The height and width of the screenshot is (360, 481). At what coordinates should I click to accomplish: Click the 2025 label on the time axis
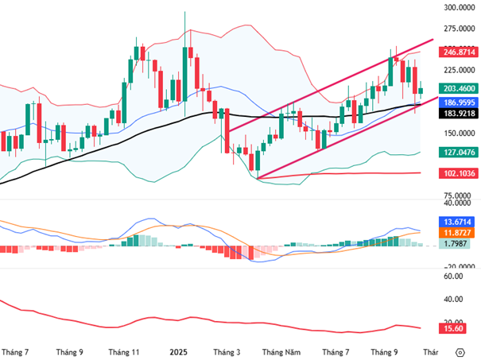[x=179, y=350]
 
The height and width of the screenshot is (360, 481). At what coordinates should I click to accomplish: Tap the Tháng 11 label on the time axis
[x=124, y=350]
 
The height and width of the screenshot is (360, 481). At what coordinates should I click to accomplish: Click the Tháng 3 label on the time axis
[x=227, y=350]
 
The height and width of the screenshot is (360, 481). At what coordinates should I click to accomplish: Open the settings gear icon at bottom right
[x=460, y=350]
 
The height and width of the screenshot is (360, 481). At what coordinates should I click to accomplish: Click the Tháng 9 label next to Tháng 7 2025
[x=385, y=350]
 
